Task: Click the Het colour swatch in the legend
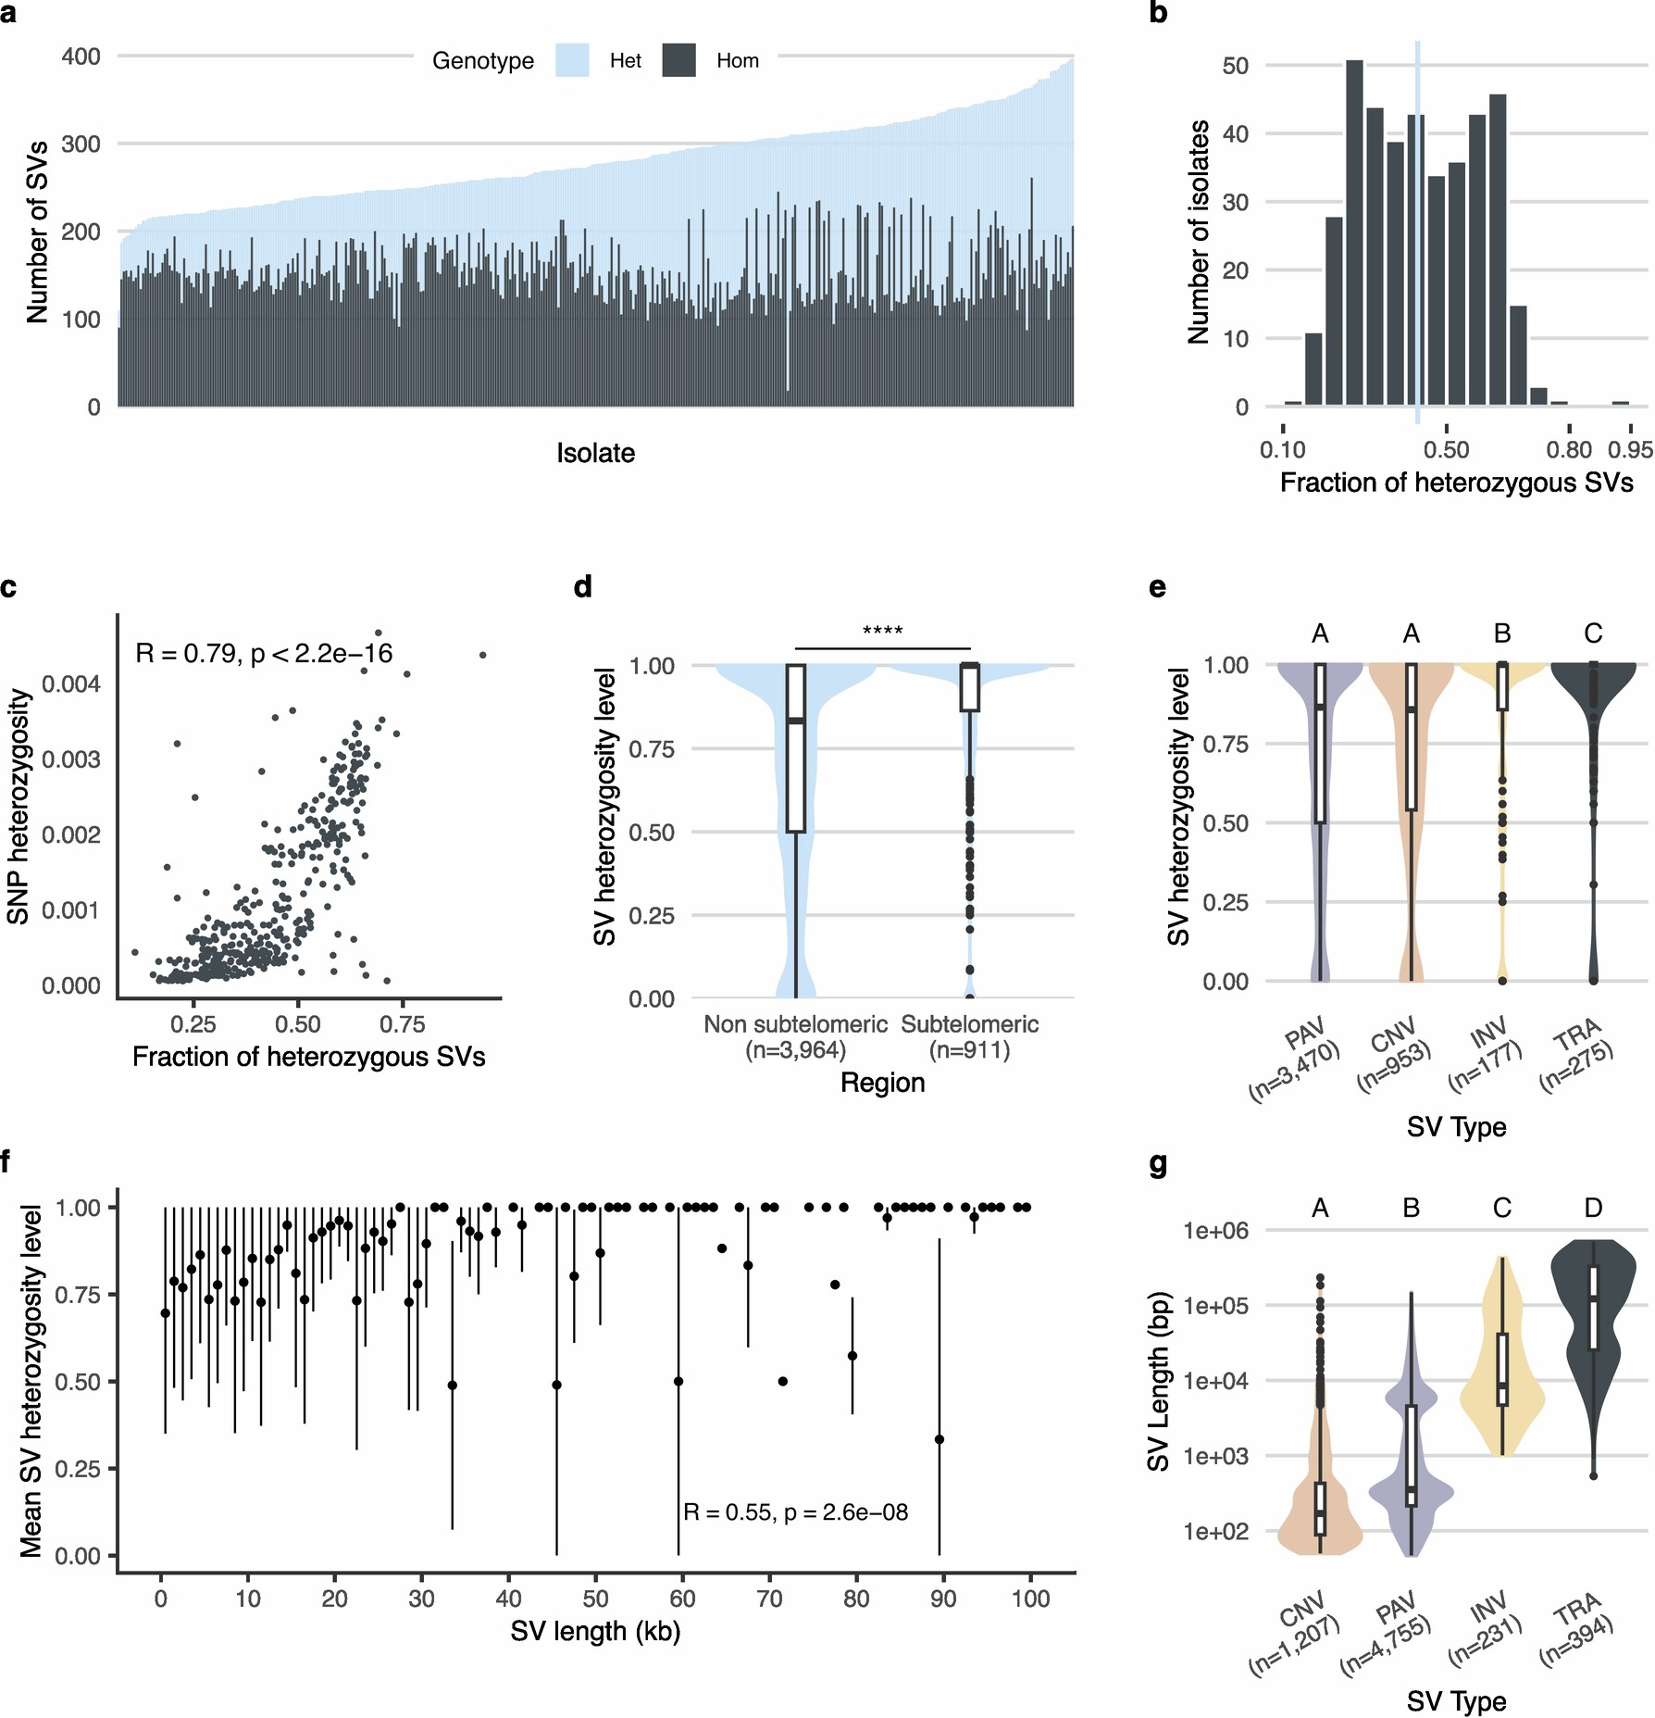[x=572, y=60]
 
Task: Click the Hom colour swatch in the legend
[x=678, y=60]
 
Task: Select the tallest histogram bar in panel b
[x=1354, y=232]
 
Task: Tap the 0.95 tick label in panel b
[x=1630, y=450]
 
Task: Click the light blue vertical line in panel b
[x=1417, y=232]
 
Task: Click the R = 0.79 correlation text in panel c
[x=264, y=654]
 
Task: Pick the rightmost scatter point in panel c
[x=482, y=655]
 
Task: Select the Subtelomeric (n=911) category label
[x=969, y=1036]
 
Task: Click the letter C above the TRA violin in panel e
[x=1593, y=633]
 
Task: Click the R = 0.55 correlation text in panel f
[x=795, y=1512]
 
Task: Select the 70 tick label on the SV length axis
[x=769, y=1599]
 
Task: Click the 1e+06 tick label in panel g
[x=1214, y=1231]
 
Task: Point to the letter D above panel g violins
[x=1593, y=1208]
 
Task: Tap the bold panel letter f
[x=6, y=1161]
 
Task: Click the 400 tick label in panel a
[x=81, y=56]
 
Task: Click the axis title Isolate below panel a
[x=595, y=453]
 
